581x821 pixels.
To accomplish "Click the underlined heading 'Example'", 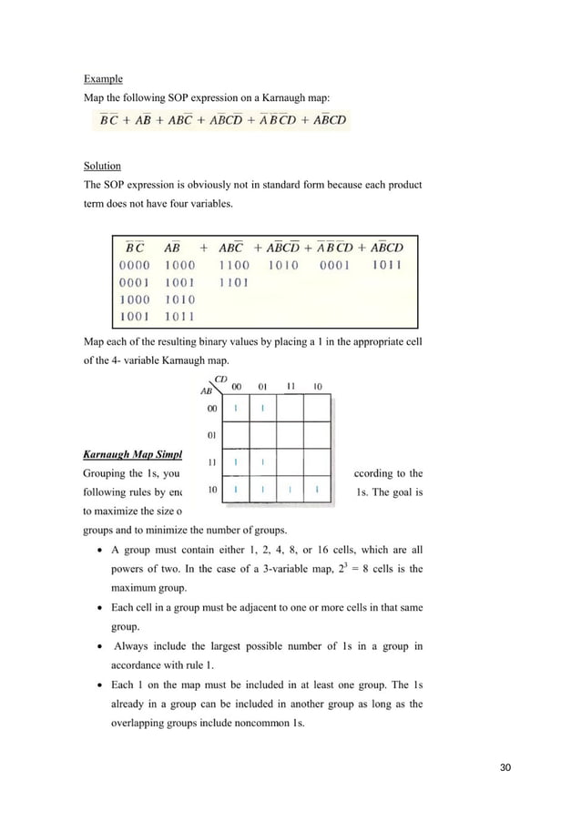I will point(103,79).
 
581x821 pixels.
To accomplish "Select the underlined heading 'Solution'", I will point(102,167).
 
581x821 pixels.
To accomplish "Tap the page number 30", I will point(505,766).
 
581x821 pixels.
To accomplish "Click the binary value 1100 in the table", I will point(234,265).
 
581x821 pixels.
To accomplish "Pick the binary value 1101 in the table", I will point(234,282).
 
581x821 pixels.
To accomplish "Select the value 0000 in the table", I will point(135,265).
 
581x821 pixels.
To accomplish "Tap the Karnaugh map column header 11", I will point(290,386).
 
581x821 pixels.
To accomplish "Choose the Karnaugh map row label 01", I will point(211,435).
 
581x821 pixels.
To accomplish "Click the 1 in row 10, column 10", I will point(317,491).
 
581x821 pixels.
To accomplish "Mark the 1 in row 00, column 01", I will point(262,409).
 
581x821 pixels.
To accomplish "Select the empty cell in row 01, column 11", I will point(290,435).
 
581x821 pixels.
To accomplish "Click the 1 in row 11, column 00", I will point(236,463).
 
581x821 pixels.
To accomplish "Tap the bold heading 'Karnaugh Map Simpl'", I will point(133,452).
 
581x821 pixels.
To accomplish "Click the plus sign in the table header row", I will point(202,247).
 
